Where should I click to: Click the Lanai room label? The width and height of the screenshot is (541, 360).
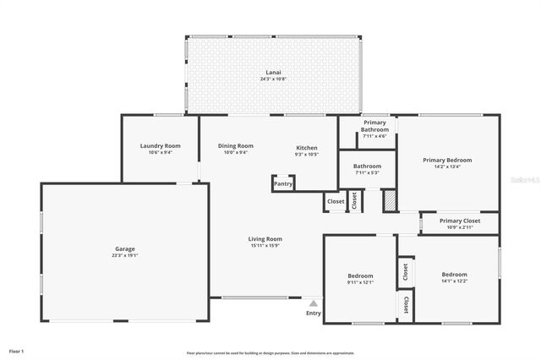coord(273,74)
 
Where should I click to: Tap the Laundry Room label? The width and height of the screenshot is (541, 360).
coord(160,145)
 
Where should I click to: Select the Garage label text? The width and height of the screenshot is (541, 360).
coord(125,248)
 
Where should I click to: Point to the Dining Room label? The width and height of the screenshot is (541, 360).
coord(236,145)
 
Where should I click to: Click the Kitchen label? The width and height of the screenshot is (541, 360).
coord(306,147)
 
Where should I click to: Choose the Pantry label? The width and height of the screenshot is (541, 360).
coord(283,183)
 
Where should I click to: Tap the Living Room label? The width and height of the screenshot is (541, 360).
coord(265,238)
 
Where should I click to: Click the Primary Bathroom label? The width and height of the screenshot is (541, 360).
coord(374,127)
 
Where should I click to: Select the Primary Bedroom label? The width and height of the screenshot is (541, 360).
coord(447,160)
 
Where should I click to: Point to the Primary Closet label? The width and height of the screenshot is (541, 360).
coord(461,221)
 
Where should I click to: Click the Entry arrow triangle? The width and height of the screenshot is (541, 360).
coord(314,302)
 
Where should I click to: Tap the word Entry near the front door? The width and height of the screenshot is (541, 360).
coord(314,313)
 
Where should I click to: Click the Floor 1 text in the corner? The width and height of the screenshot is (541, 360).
coord(16,350)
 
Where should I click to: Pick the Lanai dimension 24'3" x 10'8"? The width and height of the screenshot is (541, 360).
coord(273,79)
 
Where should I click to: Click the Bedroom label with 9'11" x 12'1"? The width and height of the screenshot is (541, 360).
coord(360,275)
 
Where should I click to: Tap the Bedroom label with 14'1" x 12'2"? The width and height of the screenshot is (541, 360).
coord(454,274)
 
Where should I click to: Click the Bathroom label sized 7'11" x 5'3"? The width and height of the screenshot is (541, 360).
coord(367,166)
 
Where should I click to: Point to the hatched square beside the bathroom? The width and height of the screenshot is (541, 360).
coord(390,201)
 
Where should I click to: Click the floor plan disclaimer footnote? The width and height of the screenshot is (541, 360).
coord(270,353)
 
